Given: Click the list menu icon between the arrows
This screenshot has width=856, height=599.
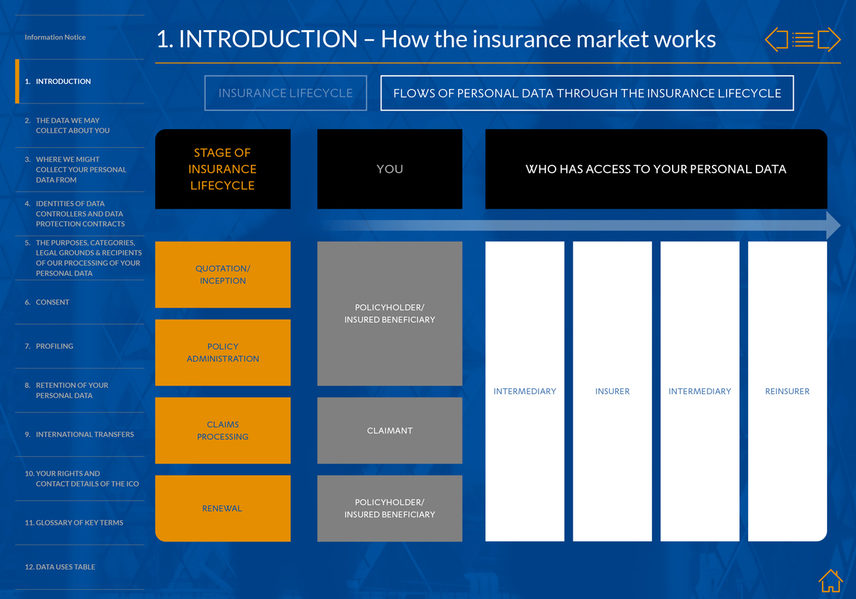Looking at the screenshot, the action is [x=802, y=39].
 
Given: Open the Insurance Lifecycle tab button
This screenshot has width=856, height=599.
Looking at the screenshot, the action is [x=285, y=93].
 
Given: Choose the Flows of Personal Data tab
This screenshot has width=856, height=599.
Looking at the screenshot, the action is [x=587, y=93].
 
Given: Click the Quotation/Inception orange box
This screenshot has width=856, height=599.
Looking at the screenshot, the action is [x=223, y=274].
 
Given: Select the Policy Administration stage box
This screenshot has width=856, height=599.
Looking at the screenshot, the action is [x=223, y=352].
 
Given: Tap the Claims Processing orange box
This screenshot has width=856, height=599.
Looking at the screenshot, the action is [x=223, y=430].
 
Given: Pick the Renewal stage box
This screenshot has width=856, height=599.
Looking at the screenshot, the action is [x=223, y=509].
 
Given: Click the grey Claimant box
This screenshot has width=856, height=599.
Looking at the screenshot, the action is [x=390, y=430].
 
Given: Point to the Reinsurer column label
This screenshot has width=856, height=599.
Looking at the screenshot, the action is [x=787, y=391].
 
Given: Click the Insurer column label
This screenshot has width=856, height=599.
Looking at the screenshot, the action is [x=612, y=391].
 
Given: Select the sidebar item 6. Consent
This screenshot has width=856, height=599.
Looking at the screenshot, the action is [x=47, y=302].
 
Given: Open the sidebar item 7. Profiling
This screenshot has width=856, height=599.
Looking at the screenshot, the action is [x=49, y=346].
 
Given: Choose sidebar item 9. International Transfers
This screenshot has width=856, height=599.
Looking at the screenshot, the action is [x=79, y=434].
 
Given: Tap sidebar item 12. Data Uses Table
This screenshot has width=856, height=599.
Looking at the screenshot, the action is [x=60, y=566].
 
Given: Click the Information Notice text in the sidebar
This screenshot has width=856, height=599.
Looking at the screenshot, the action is [x=55, y=37].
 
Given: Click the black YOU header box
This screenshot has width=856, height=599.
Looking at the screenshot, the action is [x=390, y=169].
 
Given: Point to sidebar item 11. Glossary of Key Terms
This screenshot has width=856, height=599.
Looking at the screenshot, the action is [x=74, y=522].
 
